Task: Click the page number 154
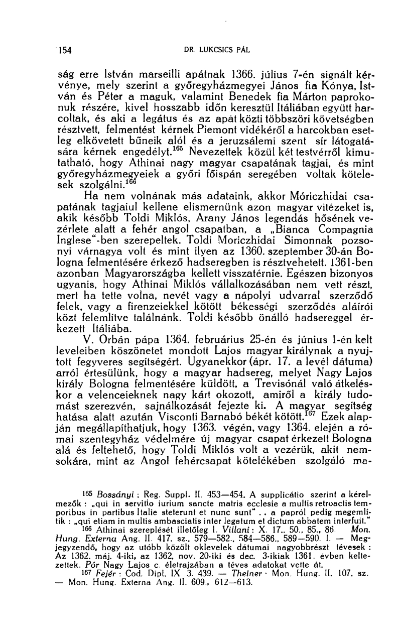coord(65,50)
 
